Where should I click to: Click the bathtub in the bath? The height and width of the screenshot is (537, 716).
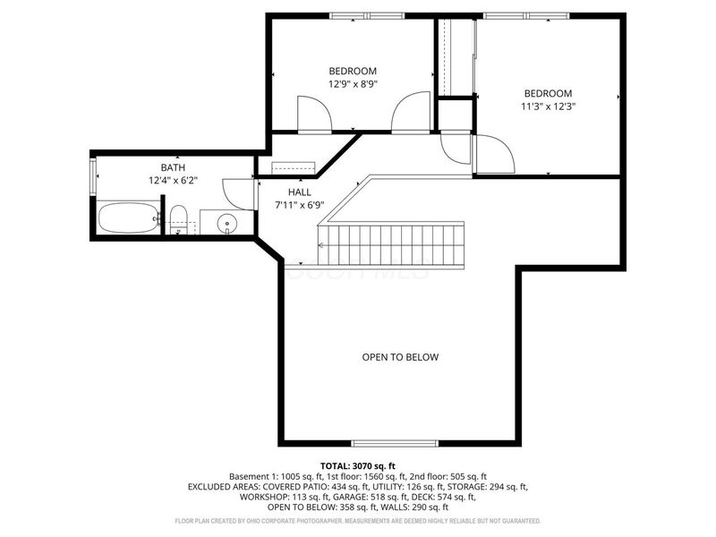[x=128, y=217]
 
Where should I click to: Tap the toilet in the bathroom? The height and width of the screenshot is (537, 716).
[x=177, y=217]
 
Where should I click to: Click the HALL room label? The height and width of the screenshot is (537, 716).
[x=299, y=192]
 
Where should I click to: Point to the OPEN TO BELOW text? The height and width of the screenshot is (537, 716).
[x=400, y=357]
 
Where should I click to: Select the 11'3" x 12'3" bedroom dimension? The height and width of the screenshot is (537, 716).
[x=548, y=105]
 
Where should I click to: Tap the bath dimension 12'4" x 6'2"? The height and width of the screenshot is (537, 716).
[x=173, y=180]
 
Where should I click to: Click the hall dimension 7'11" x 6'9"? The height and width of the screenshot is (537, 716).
[x=299, y=205]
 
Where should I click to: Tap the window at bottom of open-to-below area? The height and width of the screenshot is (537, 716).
[x=394, y=443]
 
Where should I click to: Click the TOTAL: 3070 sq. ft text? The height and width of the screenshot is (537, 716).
[x=357, y=466]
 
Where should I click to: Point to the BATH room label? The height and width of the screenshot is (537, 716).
[x=173, y=167]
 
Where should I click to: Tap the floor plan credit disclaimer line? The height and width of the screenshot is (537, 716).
[x=357, y=520]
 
